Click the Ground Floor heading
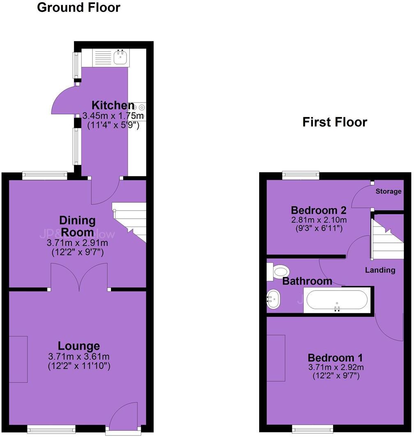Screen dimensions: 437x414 (78, 7)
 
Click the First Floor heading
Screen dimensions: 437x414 (334, 122)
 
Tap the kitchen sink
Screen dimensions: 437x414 (120, 58)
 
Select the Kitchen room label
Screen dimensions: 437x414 (113, 105)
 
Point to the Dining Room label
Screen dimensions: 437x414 (77, 226)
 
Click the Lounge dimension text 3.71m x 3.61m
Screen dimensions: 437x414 (78, 356)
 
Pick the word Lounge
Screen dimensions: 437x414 (78, 346)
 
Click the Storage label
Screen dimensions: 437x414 (388, 191)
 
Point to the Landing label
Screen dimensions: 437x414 (380, 270)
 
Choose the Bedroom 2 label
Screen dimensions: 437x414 (319, 210)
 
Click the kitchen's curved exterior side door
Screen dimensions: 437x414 (64, 101)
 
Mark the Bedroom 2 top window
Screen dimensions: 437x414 (301, 176)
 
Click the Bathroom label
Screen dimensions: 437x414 (307, 281)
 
